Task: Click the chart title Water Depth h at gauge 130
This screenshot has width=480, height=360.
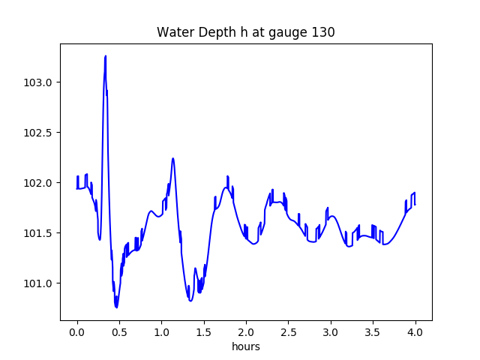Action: [x=245, y=32]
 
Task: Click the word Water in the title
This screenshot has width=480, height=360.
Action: [x=173, y=32]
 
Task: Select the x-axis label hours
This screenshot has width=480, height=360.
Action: [x=245, y=347]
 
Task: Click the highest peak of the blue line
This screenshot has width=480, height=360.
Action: [x=106, y=56]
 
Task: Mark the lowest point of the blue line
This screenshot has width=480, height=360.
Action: [x=116, y=307]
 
